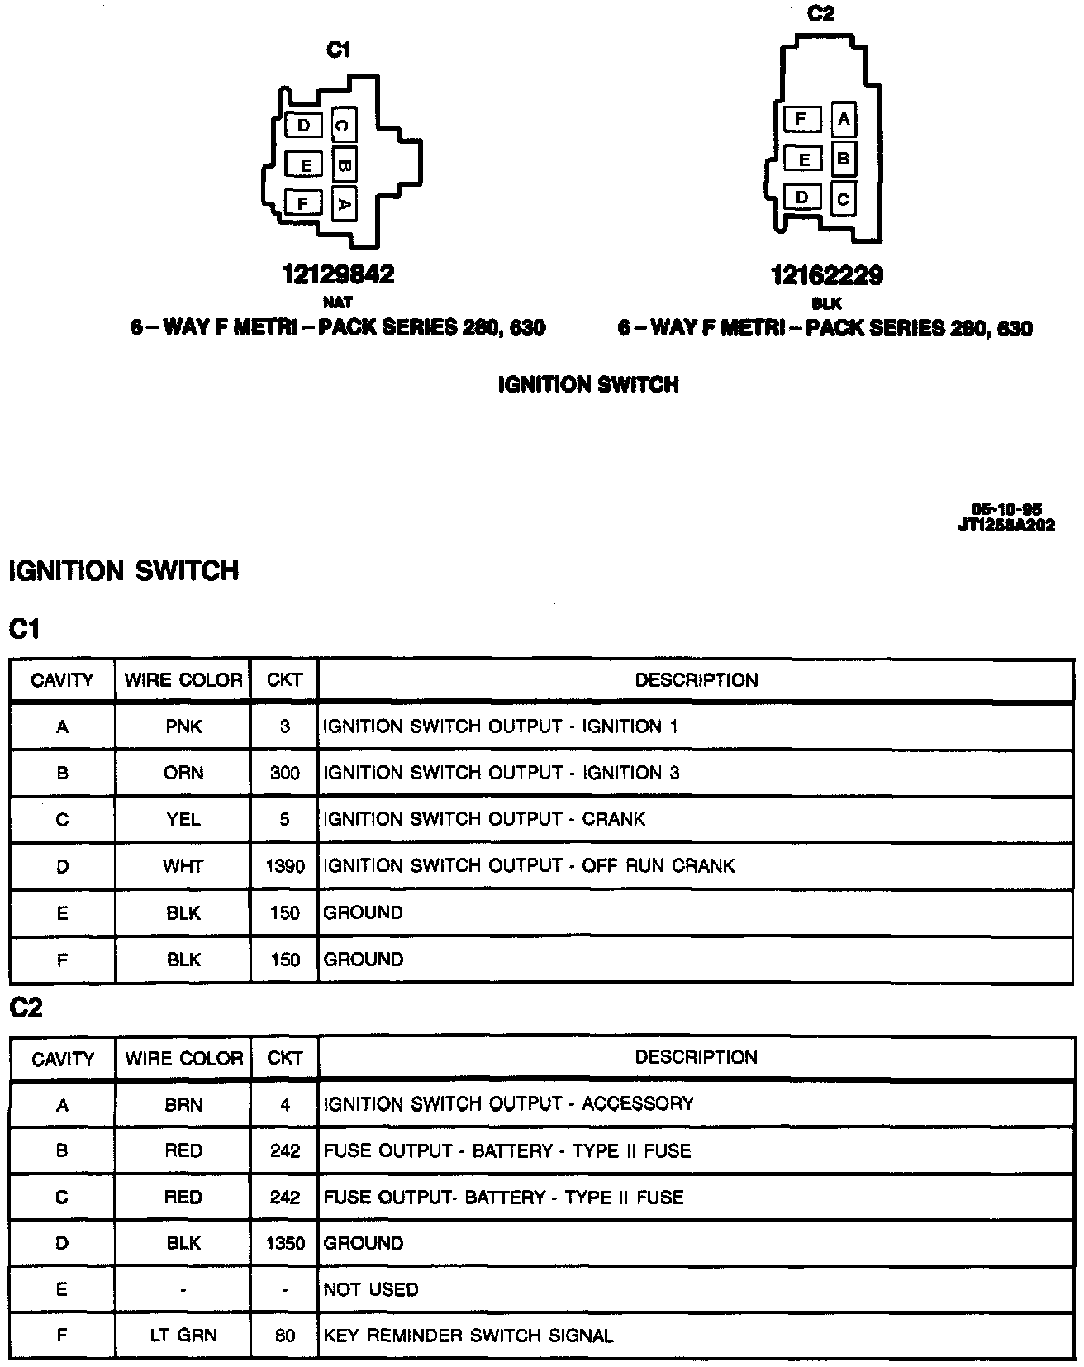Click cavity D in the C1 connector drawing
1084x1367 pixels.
(303, 126)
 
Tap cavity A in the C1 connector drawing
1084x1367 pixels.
(344, 202)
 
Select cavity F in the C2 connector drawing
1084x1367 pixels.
(801, 120)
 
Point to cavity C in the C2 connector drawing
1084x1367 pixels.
(843, 199)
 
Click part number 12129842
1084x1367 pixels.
(339, 274)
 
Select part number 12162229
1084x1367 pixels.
(826, 275)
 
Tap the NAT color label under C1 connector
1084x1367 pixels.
(337, 302)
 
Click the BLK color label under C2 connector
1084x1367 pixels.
(826, 303)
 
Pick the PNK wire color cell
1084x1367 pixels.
(183, 726)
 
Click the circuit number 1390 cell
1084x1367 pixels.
(285, 866)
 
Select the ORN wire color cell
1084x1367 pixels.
(183, 773)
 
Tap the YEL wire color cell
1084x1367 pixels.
(183, 819)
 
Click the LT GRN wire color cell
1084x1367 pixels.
(183, 1336)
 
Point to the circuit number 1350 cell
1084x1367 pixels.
(285, 1243)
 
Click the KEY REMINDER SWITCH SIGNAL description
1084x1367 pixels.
(468, 1336)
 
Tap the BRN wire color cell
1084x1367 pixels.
(183, 1104)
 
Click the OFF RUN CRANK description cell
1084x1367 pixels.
(529, 866)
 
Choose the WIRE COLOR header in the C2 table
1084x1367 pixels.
(183, 1058)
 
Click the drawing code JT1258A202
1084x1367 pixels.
(1006, 526)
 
